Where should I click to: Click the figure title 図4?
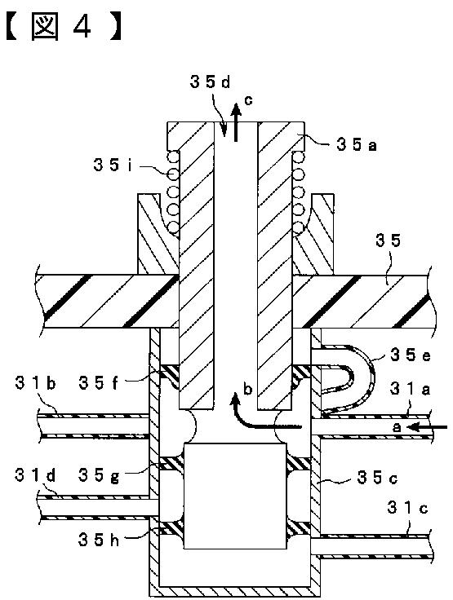(64, 27)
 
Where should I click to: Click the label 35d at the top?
(210, 82)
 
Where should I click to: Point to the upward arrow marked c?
(237, 122)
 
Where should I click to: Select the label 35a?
(357, 144)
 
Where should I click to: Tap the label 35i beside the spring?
(113, 165)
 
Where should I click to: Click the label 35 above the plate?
(388, 240)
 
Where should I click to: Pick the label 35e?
(410, 355)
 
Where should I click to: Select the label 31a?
(410, 389)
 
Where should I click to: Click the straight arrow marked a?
(427, 426)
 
